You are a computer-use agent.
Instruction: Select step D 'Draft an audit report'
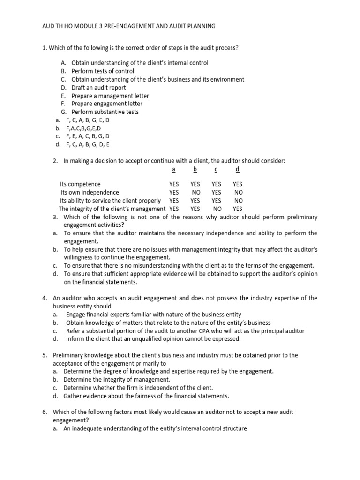[x=98, y=87]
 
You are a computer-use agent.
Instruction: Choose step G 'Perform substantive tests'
[x=105, y=112]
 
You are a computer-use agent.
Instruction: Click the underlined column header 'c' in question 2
[x=216, y=169]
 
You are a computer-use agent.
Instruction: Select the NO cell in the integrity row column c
[x=217, y=209]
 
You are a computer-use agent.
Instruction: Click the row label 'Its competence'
[x=80, y=184]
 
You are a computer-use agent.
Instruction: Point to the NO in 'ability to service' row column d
[x=238, y=201]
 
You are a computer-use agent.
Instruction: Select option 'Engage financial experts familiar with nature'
[x=153, y=314]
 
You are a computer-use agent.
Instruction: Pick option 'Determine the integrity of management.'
[x=117, y=379]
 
